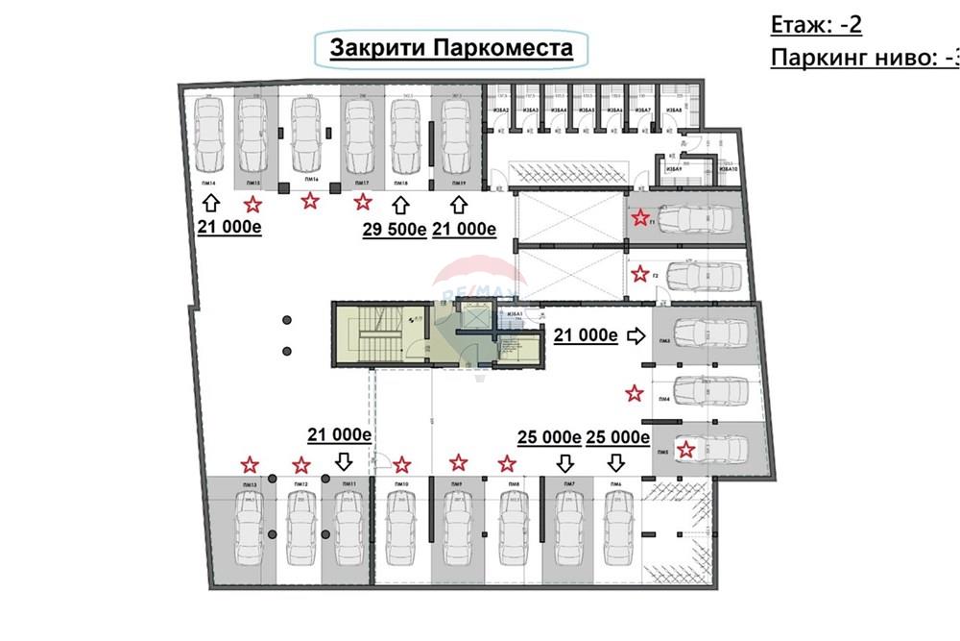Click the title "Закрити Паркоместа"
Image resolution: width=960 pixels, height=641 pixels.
(x=451, y=48)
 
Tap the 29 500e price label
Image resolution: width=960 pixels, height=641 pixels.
(x=394, y=228)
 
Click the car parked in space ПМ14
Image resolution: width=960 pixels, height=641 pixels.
(x=209, y=135)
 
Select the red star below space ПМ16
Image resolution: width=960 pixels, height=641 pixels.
(x=309, y=200)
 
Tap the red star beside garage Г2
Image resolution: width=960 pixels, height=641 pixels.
(x=640, y=274)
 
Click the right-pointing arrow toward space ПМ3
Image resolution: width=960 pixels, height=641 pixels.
(x=636, y=334)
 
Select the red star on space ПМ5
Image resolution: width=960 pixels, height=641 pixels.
(x=685, y=449)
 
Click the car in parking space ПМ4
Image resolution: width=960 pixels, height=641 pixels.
(x=711, y=389)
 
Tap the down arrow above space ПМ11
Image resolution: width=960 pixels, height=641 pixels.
(x=343, y=460)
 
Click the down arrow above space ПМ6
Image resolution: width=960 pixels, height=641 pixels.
(x=615, y=462)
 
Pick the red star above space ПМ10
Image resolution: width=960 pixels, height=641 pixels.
(x=402, y=464)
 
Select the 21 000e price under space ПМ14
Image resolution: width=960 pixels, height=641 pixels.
(x=230, y=228)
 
